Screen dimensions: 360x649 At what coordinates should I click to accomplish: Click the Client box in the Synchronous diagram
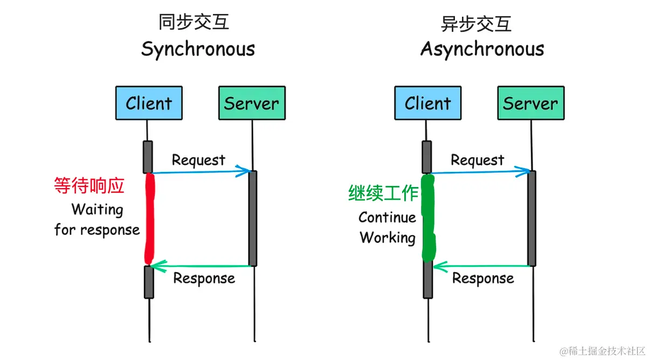click(x=149, y=103)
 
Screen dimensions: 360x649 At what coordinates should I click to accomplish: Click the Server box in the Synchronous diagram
click(x=252, y=103)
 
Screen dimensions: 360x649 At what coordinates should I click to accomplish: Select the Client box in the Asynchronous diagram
click(x=427, y=103)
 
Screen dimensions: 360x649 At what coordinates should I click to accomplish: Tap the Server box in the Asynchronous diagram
click(x=530, y=103)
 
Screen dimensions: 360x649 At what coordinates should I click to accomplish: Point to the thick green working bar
click(x=428, y=218)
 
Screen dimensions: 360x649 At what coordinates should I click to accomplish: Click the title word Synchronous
click(x=198, y=50)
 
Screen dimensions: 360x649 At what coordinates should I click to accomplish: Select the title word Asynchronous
click(x=482, y=50)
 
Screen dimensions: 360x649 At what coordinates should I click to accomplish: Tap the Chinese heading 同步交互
click(x=194, y=22)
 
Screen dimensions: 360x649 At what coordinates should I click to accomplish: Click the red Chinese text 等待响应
click(x=89, y=186)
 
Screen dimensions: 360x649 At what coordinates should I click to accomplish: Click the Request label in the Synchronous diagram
click(x=198, y=160)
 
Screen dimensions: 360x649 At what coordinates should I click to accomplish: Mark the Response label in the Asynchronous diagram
click(x=483, y=279)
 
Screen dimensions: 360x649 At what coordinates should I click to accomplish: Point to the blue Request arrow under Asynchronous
click(x=480, y=172)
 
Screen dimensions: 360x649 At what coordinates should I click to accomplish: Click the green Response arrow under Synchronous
click(x=201, y=266)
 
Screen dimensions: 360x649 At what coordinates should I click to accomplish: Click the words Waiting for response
click(x=97, y=219)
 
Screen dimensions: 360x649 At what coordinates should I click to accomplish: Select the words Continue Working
click(x=387, y=227)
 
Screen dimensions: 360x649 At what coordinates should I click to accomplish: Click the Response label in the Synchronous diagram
click(x=204, y=279)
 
